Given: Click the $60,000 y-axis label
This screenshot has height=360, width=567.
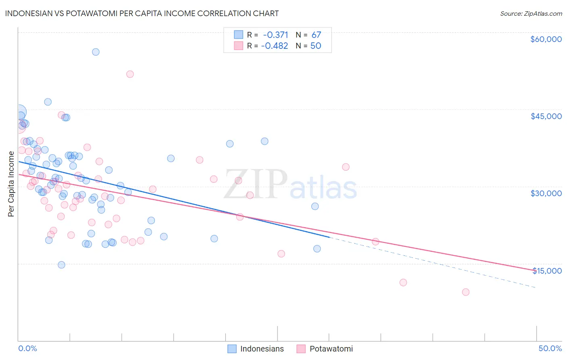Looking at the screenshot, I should tap(546, 39).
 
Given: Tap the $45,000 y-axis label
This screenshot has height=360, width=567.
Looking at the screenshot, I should tap(546, 116).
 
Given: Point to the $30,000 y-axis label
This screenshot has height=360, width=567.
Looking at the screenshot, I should tap(546, 193).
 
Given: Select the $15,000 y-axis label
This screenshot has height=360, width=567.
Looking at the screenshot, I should tap(547, 271).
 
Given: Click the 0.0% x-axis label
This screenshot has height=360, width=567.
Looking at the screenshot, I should tap(27, 348).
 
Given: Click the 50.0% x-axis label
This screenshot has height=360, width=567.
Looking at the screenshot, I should tap(550, 348).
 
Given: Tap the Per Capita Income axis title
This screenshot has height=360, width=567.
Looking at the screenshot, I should tap(11, 184).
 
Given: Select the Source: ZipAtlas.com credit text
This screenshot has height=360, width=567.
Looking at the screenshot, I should tap(531, 13).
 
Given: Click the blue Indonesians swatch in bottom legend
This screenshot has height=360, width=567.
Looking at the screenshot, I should tap(232, 349).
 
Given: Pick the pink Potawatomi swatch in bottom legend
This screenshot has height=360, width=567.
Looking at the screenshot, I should tap(301, 349).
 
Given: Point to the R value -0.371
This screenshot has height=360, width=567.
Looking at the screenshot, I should tap(275, 35).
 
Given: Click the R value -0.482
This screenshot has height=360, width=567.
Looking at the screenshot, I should tap(275, 46).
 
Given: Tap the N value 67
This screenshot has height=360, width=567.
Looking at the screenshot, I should tap(316, 35).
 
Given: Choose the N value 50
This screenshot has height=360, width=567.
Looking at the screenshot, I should tap(316, 46).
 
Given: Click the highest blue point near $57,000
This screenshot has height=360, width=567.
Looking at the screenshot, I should tap(96, 52).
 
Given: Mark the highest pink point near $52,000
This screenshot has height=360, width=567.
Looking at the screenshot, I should tap(130, 74).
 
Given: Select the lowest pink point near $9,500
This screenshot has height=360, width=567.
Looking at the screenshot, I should tap(466, 292).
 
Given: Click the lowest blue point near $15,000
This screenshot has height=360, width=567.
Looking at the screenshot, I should tap(61, 265).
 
